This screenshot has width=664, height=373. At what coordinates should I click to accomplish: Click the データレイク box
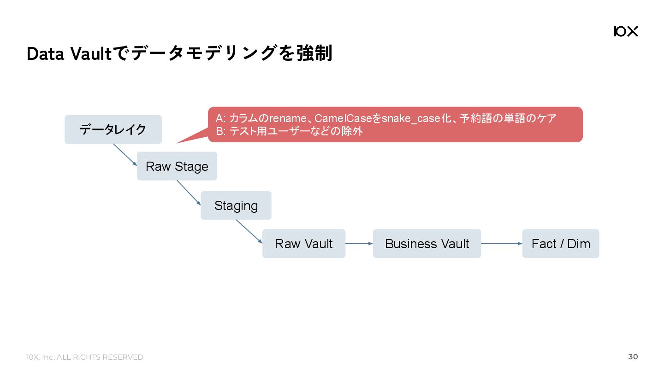tap(113, 129)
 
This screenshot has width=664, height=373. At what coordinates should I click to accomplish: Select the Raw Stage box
tap(177, 166)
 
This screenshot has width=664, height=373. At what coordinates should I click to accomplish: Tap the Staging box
tap(236, 205)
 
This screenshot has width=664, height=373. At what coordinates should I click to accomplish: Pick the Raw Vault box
tap(304, 244)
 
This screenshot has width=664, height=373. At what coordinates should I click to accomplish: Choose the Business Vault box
tap(427, 244)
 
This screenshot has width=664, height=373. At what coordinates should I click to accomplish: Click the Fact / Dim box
tap(561, 244)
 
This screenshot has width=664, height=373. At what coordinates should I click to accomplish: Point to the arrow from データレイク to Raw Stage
tap(125, 155)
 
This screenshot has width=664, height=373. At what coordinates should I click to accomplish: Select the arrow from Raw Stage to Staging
tap(189, 193)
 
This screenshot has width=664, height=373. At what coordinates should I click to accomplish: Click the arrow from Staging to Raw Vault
tap(249, 231)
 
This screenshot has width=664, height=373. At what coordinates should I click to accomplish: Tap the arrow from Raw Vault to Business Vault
tap(359, 244)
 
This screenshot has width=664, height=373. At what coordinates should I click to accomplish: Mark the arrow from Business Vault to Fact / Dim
tap(501, 244)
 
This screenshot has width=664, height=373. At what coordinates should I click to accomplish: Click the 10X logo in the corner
tap(626, 31)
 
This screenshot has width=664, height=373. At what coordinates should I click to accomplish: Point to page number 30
tap(633, 357)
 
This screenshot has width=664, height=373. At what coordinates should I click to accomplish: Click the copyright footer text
tap(85, 357)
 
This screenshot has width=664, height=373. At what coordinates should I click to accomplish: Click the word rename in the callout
tap(288, 119)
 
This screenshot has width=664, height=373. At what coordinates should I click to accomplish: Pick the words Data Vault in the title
tap(69, 54)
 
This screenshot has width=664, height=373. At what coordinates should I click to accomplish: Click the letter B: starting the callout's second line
tap(220, 132)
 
